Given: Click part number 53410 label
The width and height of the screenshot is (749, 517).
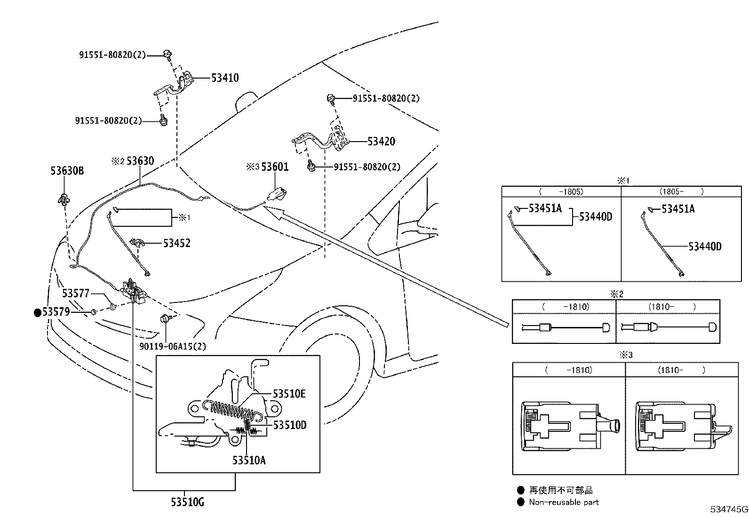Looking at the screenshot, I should [225, 78].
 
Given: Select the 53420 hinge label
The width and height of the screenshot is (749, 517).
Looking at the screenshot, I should [381, 142].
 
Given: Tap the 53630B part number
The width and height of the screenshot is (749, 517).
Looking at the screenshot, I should [67, 171].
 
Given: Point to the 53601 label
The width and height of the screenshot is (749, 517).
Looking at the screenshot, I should [275, 167].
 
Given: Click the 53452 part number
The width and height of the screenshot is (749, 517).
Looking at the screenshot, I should [177, 243].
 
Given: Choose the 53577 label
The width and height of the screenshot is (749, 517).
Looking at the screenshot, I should [75, 294].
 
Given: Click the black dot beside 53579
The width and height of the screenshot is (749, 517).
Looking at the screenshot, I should [37, 312].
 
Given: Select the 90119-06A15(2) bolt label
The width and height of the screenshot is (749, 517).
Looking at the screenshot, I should [173, 347].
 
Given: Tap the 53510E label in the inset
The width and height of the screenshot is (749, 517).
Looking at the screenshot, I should [289, 394].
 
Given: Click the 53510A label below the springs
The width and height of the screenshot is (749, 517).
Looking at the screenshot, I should [249, 460].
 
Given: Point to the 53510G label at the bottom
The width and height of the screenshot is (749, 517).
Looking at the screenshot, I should [188, 503].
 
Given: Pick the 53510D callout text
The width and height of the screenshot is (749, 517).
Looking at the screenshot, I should [290, 425].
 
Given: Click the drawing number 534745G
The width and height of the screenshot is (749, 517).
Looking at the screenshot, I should [729, 509].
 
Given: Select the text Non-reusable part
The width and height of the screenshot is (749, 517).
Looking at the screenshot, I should [564, 502].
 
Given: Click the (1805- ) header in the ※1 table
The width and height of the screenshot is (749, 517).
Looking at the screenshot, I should [681, 191].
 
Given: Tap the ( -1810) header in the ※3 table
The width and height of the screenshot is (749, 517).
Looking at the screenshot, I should [568, 370].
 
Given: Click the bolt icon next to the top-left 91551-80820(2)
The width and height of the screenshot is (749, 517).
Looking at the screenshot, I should [167, 54].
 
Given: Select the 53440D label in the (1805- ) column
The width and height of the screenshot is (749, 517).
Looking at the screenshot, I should [705, 247].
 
